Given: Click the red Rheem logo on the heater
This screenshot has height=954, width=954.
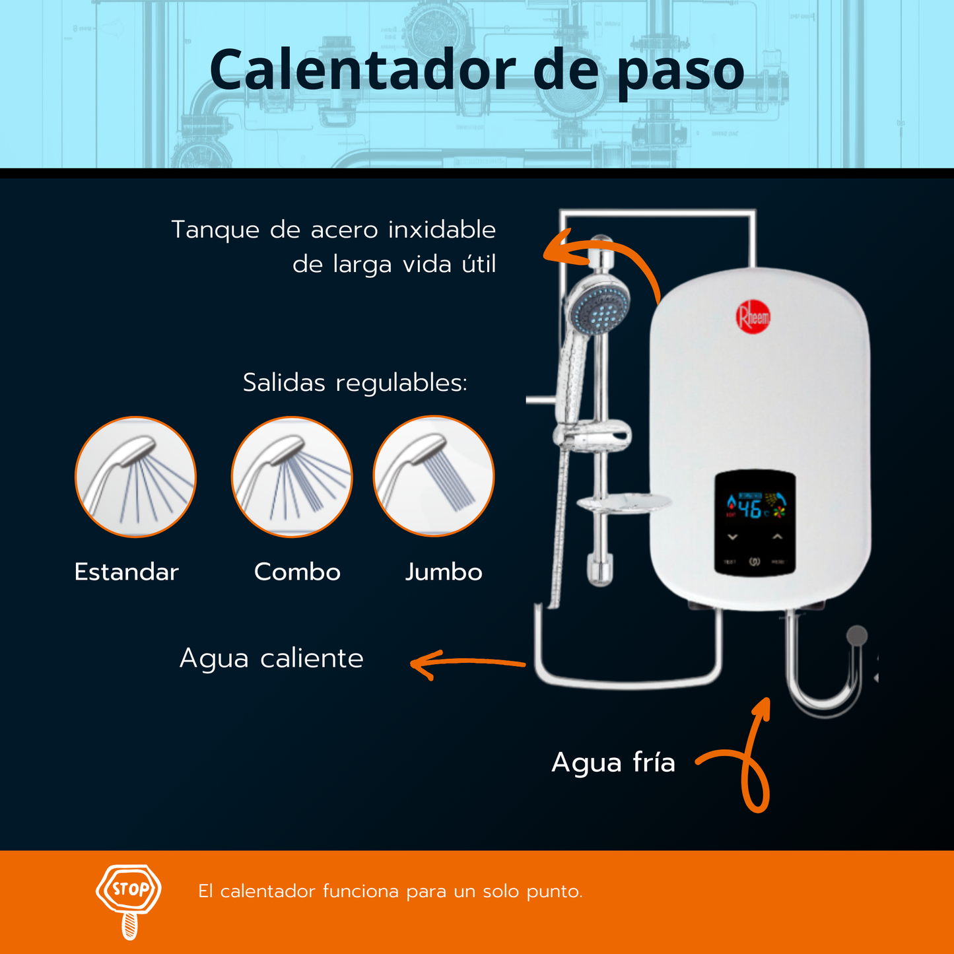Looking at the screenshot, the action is click(753, 316).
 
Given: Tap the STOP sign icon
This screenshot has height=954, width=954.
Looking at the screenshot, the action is click(129, 901).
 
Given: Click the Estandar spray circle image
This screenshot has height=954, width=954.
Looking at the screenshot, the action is click(135, 477).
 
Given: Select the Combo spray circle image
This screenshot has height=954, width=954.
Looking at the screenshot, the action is click(292, 477).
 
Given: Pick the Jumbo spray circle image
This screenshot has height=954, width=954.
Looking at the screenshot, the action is click(434, 476).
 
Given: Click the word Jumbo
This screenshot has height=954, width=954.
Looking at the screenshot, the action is click(444, 572).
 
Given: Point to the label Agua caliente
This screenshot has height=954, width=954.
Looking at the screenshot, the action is click(271, 660).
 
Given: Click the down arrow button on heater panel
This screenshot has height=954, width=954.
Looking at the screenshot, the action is click(733, 537).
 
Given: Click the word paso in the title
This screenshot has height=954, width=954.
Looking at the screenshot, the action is click(681, 74).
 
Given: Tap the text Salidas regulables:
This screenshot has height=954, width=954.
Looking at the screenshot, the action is click(355, 383).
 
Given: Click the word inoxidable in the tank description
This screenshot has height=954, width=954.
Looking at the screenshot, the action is click(442, 230).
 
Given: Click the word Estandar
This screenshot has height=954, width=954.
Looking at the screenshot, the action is click(127, 572).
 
